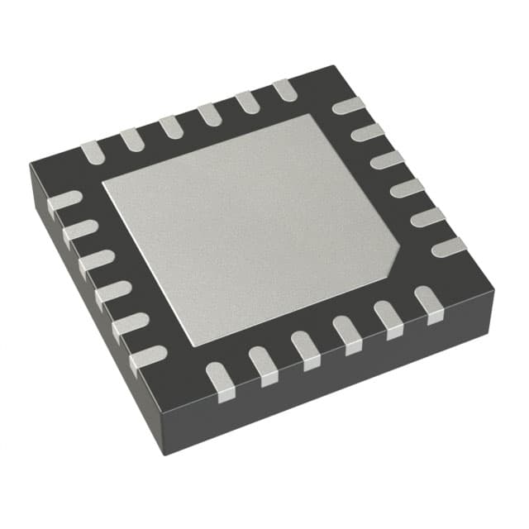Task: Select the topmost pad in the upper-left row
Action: (284, 90)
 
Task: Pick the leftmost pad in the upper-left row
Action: (92, 151)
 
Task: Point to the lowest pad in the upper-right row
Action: (449, 245)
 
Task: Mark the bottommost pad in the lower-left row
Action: (146, 358)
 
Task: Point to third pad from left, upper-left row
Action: (170, 126)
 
